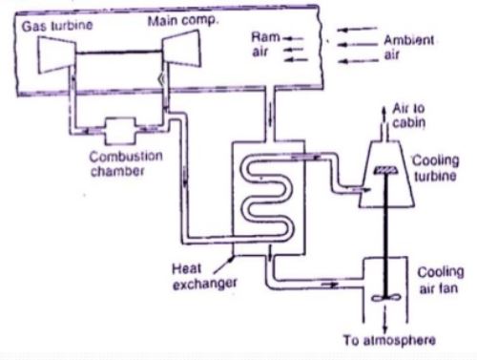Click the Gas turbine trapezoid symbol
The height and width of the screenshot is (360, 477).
point(57,55)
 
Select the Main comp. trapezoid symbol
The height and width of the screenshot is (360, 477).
point(181,49)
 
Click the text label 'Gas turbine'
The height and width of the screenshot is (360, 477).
point(57,26)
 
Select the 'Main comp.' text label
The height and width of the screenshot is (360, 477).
point(183,21)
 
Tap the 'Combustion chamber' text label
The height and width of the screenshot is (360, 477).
point(126,163)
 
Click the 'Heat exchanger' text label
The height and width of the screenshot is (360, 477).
point(204,276)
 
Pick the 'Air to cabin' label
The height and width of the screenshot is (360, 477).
point(409,116)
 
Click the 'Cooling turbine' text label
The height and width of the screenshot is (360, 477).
point(436,168)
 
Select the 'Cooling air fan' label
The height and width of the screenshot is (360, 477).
point(440,280)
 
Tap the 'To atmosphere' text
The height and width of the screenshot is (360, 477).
point(389,340)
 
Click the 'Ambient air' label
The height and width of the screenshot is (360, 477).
point(409,47)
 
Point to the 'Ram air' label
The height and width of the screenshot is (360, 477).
point(265,44)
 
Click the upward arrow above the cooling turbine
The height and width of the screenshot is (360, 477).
point(384,114)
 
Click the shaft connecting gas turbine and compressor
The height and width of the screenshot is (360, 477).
point(119,53)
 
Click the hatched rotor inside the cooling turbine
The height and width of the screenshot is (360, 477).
point(386,170)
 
